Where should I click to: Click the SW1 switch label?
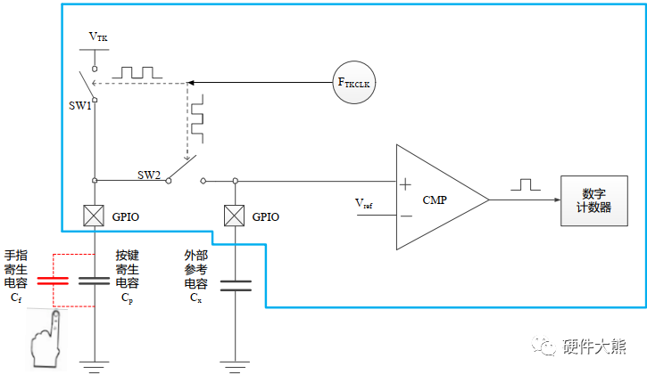pos(81,106)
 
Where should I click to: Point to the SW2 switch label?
pos(149,175)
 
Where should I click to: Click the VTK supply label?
pos(98,37)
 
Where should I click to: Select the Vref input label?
pos(363,203)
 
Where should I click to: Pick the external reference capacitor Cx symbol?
pos(236,286)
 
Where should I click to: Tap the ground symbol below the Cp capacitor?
pos(95,363)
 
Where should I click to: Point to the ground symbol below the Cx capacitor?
pos(236,363)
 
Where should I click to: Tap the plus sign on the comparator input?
pos(405,184)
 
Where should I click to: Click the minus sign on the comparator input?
pos(405,215)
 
